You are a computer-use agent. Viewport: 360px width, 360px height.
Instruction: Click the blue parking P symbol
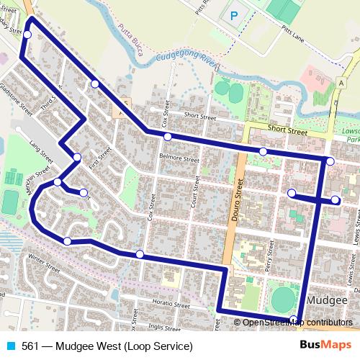(x=233, y=14)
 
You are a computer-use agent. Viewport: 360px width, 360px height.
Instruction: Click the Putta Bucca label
(x=133, y=42)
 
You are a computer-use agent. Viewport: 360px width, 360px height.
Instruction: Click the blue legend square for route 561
(x=9, y=346)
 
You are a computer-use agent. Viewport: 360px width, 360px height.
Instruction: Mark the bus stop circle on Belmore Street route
(x=167, y=137)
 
